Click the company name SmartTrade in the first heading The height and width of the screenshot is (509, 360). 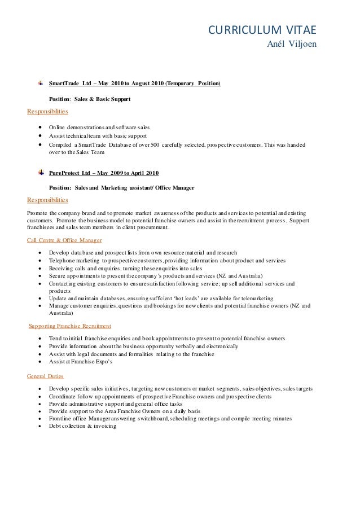point(64,84)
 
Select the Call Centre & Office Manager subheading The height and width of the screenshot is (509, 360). point(64,240)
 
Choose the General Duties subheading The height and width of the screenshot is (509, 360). point(46,376)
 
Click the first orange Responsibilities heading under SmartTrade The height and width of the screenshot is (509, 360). point(47,111)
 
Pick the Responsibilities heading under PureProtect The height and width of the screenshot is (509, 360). point(47,200)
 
